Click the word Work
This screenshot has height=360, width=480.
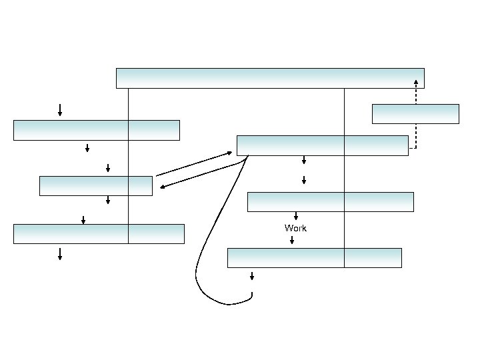click(x=295, y=228)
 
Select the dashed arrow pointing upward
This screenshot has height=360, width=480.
click(x=416, y=113)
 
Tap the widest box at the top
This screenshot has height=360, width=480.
click(x=270, y=78)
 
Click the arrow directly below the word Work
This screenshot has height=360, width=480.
click(x=291, y=240)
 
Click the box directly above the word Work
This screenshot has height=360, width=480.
click(x=330, y=201)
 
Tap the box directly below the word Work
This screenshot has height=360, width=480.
click(x=314, y=257)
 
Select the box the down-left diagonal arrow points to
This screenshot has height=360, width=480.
click(x=95, y=186)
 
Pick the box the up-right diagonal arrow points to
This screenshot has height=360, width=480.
click(x=322, y=145)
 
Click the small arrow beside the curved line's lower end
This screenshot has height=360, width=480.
click(x=252, y=276)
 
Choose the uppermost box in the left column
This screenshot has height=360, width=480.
click(x=96, y=130)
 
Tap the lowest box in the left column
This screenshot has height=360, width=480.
click(x=99, y=234)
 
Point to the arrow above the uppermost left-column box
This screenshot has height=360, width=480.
click(x=60, y=110)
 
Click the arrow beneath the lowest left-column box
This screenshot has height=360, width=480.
click(x=60, y=253)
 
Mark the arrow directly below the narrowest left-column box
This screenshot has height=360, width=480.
click(x=107, y=200)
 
